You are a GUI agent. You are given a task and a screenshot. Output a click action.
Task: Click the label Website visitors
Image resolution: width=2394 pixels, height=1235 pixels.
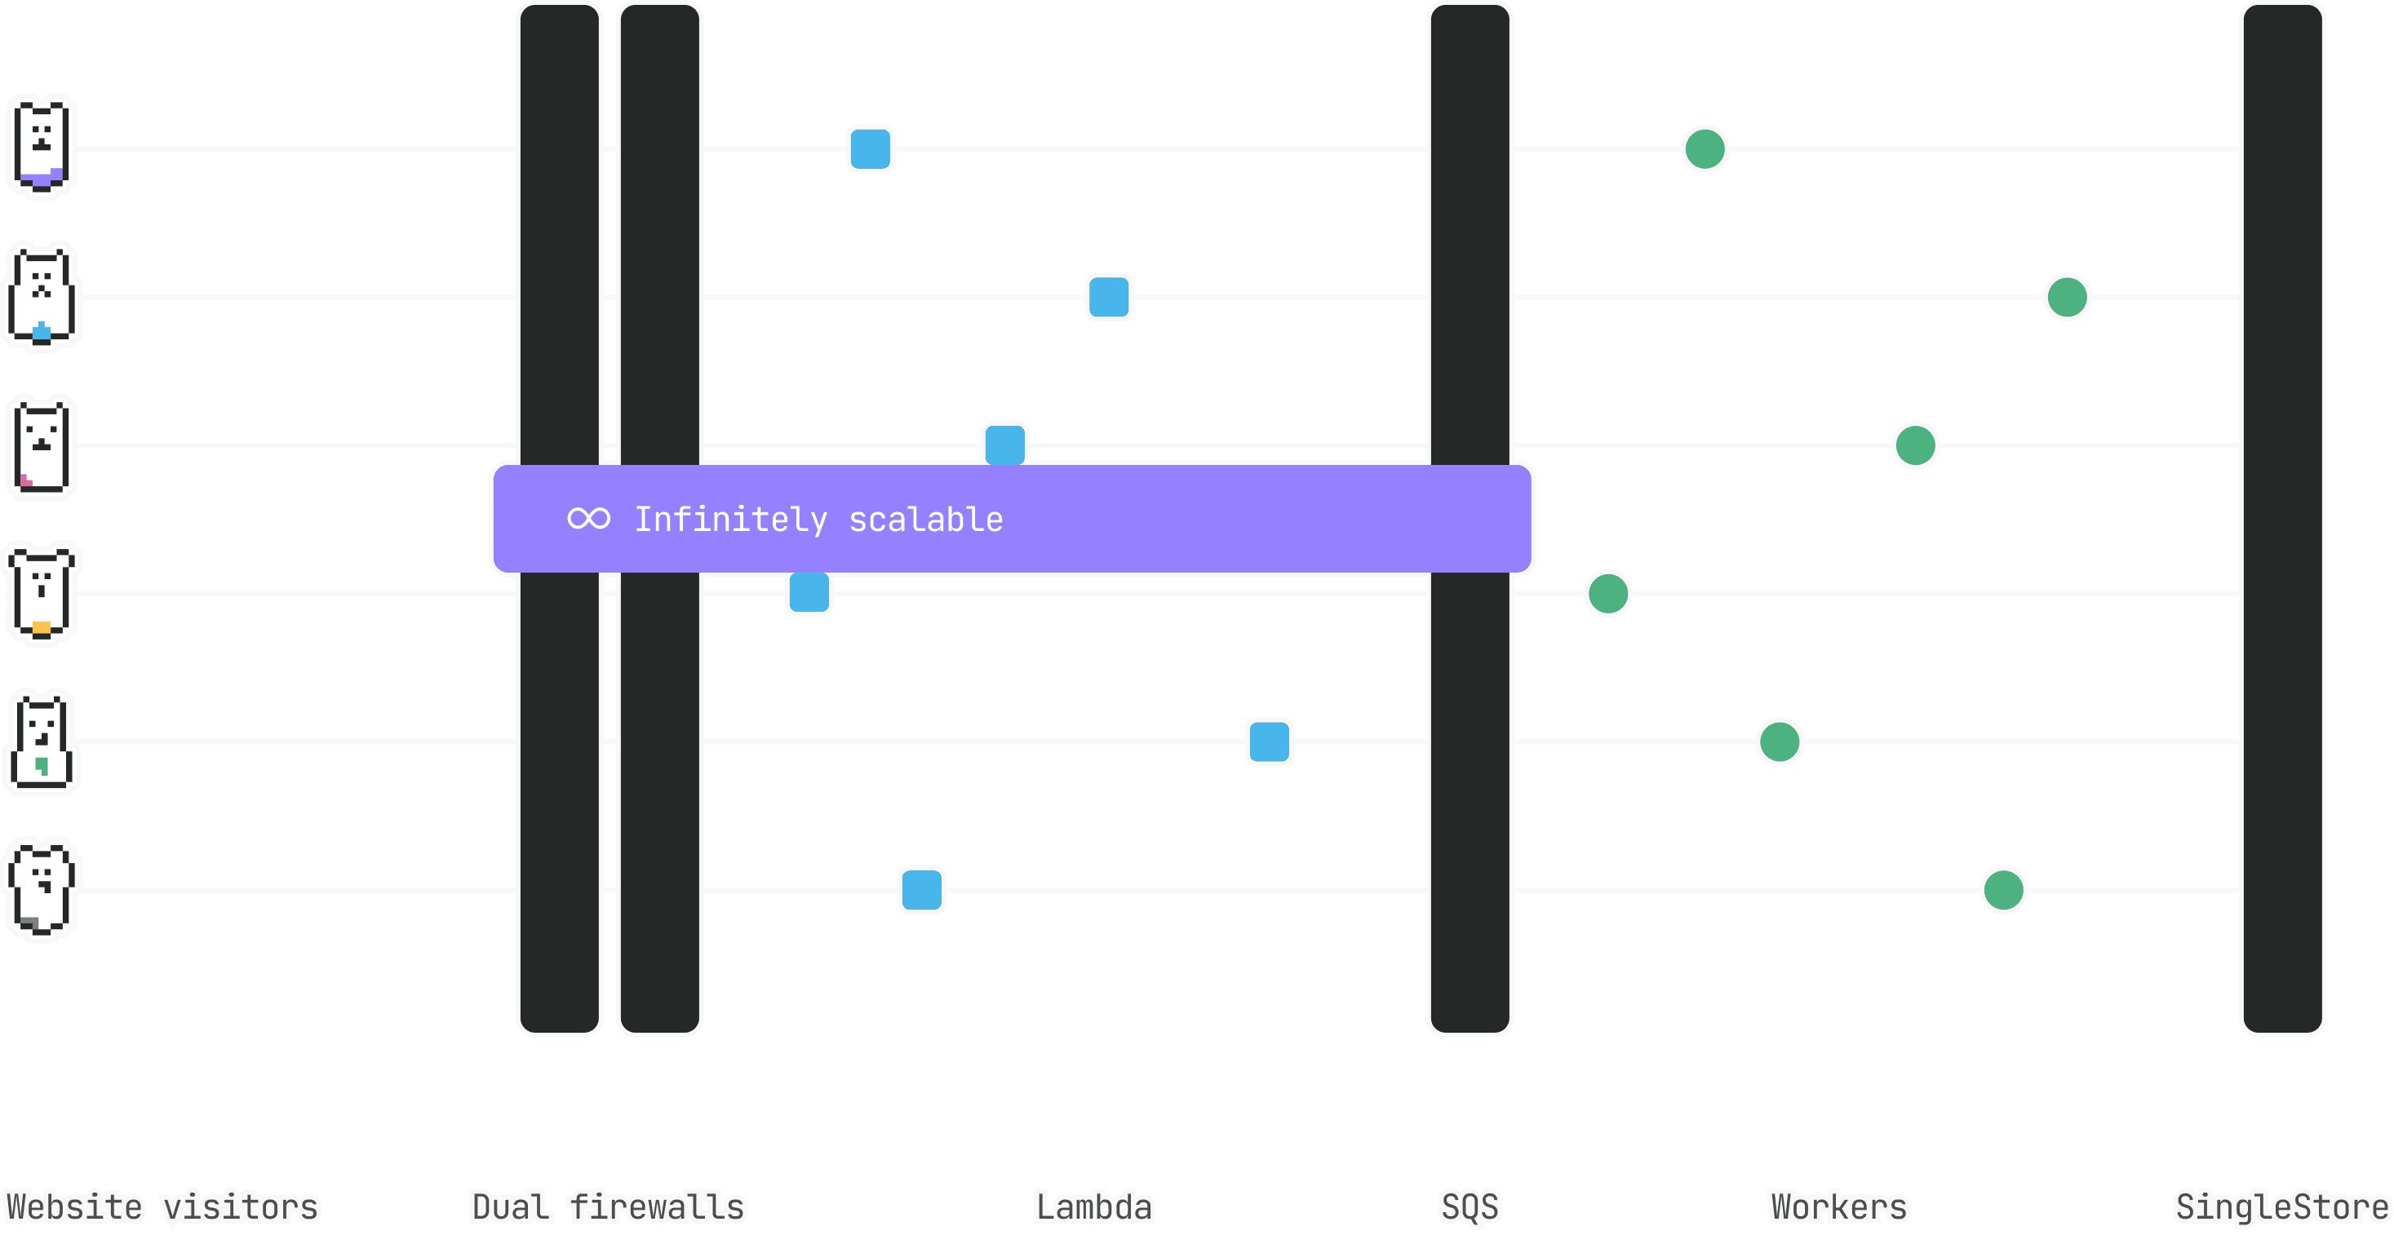[x=162, y=1207]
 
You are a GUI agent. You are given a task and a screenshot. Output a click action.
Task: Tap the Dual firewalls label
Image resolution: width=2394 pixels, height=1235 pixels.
[x=608, y=1207]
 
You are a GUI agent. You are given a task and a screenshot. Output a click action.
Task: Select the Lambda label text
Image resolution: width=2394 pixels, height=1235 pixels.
[x=1094, y=1207]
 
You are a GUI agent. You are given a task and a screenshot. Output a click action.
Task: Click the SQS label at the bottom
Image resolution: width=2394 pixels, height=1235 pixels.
[x=1470, y=1207]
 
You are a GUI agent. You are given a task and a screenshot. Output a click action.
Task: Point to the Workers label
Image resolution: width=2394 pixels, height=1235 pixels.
[x=1838, y=1207]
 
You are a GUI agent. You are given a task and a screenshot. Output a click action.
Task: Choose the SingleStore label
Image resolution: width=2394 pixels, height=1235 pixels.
[x=2281, y=1207]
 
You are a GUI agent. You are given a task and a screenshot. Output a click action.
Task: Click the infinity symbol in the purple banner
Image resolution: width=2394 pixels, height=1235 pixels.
[x=588, y=519]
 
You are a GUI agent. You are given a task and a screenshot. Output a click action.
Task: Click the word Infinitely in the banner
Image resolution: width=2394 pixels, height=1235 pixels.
[x=730, y=520]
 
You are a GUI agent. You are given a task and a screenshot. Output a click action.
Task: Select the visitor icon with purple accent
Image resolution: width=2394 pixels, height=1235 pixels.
[x=42, y=147]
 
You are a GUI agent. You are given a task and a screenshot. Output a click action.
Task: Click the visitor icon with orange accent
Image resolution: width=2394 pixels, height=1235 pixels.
[x=42, y=593]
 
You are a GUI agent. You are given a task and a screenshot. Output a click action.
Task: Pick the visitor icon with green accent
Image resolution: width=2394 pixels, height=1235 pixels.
[x=42, y=741]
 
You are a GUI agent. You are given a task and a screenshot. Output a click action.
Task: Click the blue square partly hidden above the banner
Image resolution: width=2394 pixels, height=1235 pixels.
[x=1004, y=443]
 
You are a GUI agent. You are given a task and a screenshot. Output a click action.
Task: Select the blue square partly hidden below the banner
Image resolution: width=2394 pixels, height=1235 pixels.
[x=809, y=594]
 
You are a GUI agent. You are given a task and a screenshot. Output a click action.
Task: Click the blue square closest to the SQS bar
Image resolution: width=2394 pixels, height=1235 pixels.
[x=1269, y=741]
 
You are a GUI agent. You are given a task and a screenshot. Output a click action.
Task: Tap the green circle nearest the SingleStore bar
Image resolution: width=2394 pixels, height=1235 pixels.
[x=2067, y=298]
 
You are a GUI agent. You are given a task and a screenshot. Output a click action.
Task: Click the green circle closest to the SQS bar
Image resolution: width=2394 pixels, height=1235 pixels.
[x=1607, y=594]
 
